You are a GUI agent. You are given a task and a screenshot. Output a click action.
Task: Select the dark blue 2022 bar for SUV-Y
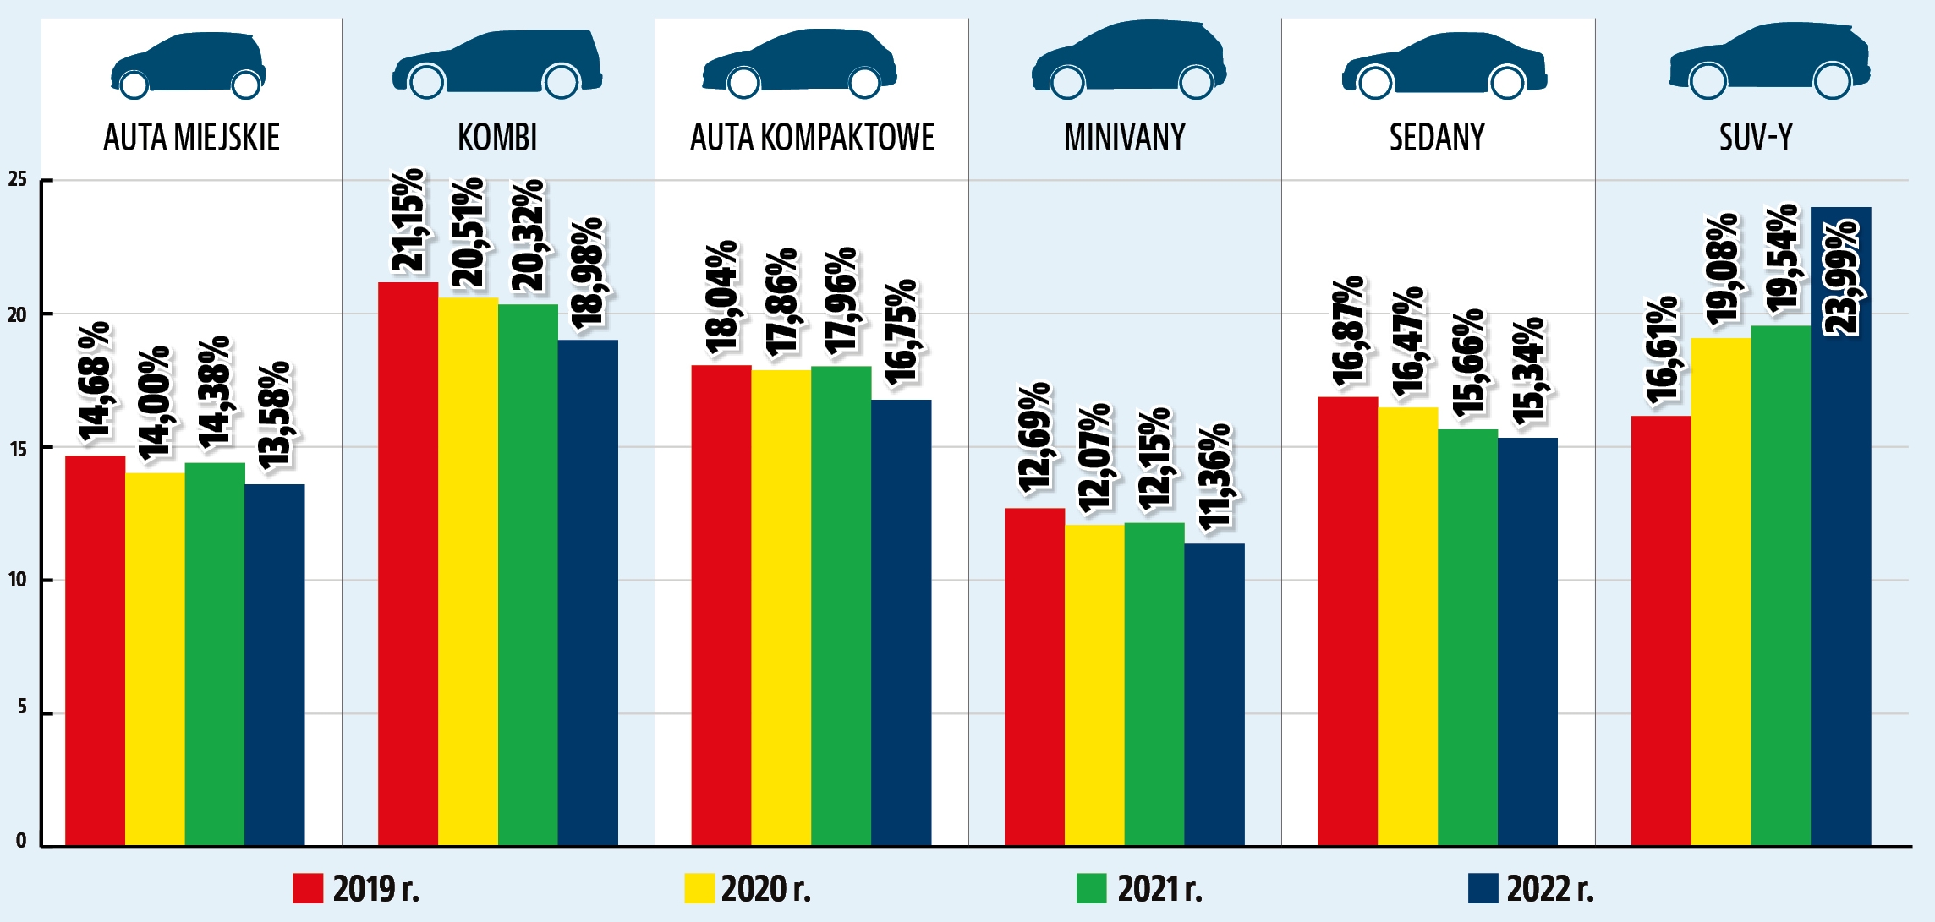[1840, 592]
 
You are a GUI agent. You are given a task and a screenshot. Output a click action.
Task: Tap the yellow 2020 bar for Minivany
[1094, 685]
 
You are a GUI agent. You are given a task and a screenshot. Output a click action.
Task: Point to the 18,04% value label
[721, 297]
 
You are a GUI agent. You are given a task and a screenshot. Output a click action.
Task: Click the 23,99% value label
[1841, 278]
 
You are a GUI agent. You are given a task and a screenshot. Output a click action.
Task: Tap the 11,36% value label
[1215, 477]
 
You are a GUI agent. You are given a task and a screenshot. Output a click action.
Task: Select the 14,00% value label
[155, 403]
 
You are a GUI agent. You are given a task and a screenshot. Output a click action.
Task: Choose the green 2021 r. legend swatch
[1091, 889]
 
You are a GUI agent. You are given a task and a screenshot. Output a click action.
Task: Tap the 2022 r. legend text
[1550, 889]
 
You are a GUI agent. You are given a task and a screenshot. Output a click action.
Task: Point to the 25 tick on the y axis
[18, 179]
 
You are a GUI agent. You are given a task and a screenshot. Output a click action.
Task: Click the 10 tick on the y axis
[18, 580]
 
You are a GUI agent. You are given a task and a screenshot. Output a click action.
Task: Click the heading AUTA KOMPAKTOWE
[812, 138]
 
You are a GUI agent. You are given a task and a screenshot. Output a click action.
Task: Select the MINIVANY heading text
[1125, 138]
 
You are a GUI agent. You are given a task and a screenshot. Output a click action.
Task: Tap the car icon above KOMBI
[497, 63]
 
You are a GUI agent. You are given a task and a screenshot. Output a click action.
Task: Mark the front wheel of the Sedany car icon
[1374, 83]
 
